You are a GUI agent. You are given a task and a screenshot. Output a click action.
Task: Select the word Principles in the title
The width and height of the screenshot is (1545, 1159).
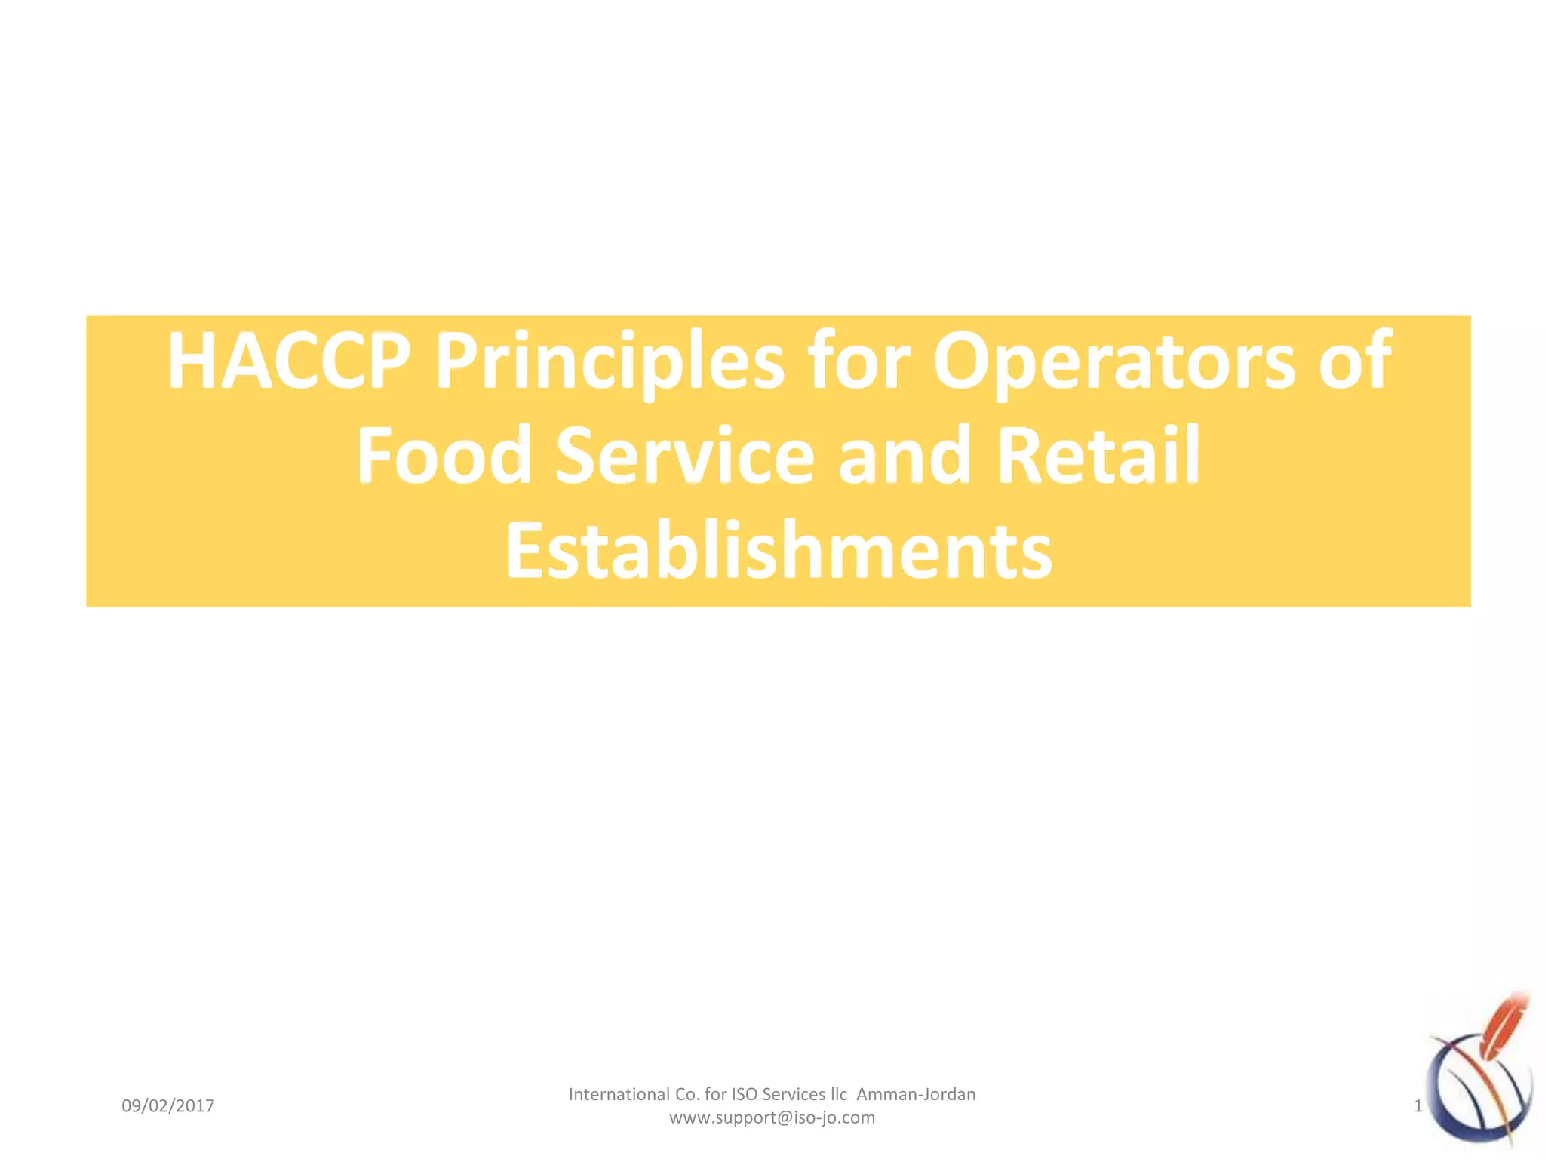tap(610, 362)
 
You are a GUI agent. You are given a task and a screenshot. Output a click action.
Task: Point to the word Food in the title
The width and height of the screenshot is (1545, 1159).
tap(444, 456)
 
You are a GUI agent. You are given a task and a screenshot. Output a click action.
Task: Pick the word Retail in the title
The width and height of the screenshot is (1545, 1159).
tap(1098, 456)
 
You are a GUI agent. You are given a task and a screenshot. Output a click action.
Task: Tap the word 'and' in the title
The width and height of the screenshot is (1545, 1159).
tap(905, 456)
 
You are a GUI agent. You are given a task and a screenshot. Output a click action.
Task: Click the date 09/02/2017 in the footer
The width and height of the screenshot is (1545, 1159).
tap(168, 1106)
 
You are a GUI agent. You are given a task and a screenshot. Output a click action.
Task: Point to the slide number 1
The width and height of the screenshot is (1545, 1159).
tap(1418, 1106)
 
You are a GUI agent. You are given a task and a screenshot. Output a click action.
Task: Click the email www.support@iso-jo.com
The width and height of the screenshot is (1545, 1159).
tap(772, 1117)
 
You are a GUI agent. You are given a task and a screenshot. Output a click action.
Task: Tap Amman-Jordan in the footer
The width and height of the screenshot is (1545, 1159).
tap(916, 1094)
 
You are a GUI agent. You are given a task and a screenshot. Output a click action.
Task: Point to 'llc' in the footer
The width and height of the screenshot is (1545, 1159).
tap(839, 1094)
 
